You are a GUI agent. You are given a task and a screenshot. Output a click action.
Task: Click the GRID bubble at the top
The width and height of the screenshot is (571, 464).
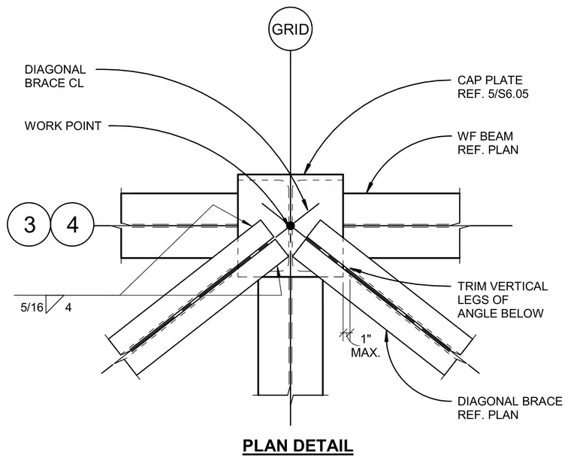point(290,29)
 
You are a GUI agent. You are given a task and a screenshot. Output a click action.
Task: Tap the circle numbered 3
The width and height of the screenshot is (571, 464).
point(29,225)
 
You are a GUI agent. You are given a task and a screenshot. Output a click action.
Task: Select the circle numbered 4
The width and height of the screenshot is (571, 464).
point(72,225)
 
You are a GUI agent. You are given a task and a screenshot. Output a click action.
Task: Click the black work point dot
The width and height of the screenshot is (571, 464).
point(290,226)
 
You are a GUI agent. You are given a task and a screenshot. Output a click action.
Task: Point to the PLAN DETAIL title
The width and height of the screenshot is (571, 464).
point(298,446)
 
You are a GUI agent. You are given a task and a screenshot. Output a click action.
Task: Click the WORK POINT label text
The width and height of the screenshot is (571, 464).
point(63,126)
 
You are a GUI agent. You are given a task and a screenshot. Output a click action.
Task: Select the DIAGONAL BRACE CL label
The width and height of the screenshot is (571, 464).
point(55,76)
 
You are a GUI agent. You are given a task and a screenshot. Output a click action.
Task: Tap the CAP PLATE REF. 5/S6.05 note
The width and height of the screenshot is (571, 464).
point(493,87)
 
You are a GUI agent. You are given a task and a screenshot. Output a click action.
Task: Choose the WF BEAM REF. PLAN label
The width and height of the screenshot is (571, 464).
point(488,143)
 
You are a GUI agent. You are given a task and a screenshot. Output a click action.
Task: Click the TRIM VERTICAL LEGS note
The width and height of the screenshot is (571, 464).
point(503,299)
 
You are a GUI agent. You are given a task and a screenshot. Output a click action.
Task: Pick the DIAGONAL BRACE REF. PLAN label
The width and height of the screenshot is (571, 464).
point(510,408)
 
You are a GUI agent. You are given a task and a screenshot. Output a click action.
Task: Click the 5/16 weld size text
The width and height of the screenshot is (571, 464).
point(32,308)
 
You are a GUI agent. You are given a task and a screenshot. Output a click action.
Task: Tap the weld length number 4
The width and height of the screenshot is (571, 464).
point(68,308)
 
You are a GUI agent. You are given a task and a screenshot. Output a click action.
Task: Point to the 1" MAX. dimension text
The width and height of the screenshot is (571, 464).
point(365,346)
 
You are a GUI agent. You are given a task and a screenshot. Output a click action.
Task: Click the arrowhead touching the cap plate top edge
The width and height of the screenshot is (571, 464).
point(307,168)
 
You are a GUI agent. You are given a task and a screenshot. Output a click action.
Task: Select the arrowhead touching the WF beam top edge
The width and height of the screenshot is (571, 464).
point(369,188)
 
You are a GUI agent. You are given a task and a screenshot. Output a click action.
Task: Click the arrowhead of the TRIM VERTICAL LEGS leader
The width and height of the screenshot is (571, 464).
point(355,271)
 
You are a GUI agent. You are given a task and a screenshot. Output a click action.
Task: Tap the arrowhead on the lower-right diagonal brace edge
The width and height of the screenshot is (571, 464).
point(387,336)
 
